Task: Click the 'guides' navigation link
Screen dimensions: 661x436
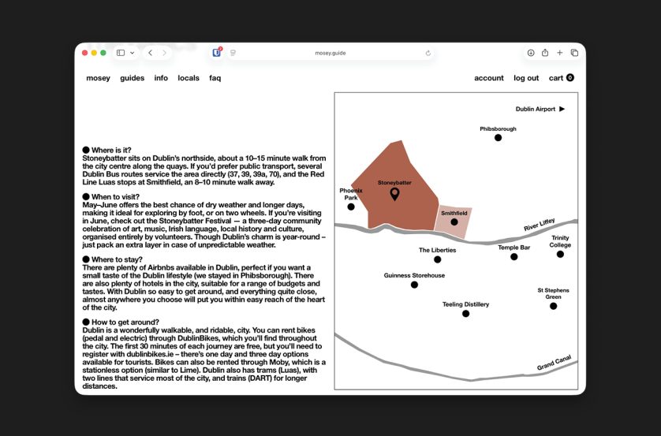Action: [x=132, y=78]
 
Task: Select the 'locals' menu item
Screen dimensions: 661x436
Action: [x=189, y=78]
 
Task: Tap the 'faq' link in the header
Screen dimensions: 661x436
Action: [x=215, y=78]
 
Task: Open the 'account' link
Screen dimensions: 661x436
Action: [x=489, y=78]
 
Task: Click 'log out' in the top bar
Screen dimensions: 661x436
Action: [x=526, y=78]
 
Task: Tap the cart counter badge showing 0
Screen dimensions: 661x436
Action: [x=570, y=77]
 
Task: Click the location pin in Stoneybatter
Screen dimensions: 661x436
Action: [x=394, y=194]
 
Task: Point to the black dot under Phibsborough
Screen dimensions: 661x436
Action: [x=498, y=138]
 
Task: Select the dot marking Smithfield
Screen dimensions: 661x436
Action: [x=454, y=222]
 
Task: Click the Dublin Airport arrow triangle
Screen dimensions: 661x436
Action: [x=562, y=109]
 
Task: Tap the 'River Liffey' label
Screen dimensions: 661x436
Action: [x=540, y=225]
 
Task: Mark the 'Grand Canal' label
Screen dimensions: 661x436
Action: [x=554, y=363]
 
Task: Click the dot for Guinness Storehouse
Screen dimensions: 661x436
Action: [x=414, y=285]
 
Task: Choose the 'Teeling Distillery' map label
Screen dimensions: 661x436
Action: [x=466, y=304]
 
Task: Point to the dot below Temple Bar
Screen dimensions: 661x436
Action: [x=513, y=257]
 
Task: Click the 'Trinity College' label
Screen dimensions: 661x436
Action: [x=560, y=241]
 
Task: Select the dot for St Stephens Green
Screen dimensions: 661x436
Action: [x=554, y=306]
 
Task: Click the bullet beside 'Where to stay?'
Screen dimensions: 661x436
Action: [x=86, y=259]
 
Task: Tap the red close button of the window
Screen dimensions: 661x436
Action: [x=84, y=53]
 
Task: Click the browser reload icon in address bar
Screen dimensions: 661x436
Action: [x=428, y=53]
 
